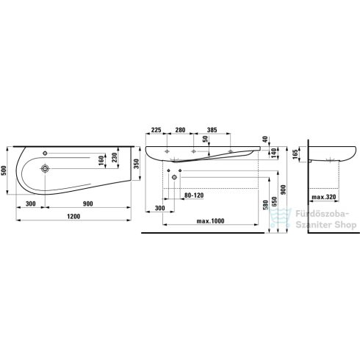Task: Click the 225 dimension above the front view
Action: (156, 130)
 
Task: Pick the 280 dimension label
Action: (180, 130)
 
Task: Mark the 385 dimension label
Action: (212, 130)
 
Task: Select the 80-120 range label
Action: (193, 195)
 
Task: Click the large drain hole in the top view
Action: (46, 168)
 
